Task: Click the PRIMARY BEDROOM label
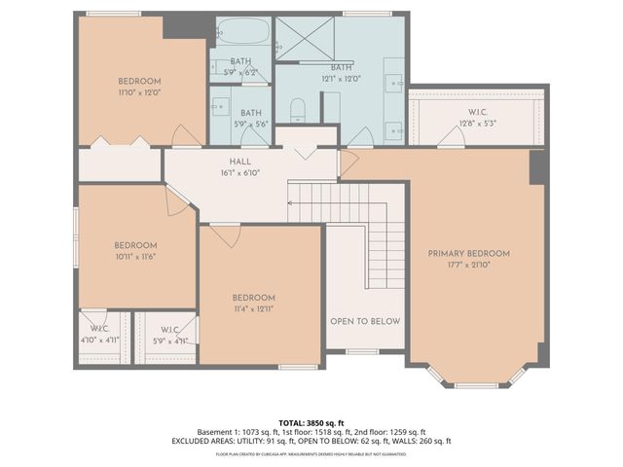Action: [469, 253]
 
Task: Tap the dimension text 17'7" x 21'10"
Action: [469, 265]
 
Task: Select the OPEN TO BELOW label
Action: [365, 321]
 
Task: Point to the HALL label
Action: [240, 162]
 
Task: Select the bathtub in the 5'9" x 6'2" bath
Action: [239, 35]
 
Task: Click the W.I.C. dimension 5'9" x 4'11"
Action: [169, 341]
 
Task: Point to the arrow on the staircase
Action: [291, 203]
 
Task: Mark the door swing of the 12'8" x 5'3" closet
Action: [450, 140]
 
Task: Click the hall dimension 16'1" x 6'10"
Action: [240, 172]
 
